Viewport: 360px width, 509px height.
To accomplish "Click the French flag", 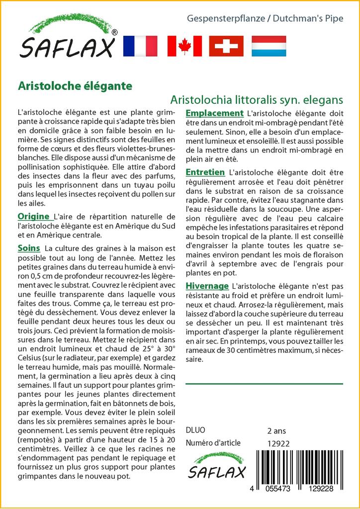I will click(x=140, y=46).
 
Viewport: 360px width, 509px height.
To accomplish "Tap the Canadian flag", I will click(x=184, y=46).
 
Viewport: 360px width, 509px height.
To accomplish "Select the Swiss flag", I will click(x=226, y=46).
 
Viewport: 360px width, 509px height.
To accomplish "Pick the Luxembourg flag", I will click(x=269, y=46).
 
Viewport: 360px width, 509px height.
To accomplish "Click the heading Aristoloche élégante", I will click(x=75, y=85).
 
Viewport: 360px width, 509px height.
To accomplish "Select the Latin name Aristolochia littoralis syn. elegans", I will click(x=256, y=99).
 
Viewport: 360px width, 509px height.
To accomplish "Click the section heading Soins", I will click(x=28, y=248).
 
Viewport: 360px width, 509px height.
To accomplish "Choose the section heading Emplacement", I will click(x=214, y=113).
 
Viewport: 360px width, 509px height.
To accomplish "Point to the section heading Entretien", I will click(x=205, y=172).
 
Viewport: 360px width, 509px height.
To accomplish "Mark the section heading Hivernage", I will click(x=207, y=286).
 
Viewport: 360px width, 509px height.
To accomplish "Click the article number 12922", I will click(x=278, y=444).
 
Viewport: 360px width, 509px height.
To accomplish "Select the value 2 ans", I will click(x=276, y=430).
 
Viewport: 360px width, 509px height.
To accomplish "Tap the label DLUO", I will click(x=195, y=430).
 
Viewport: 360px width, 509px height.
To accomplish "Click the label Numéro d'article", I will click(x=213, y=443).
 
